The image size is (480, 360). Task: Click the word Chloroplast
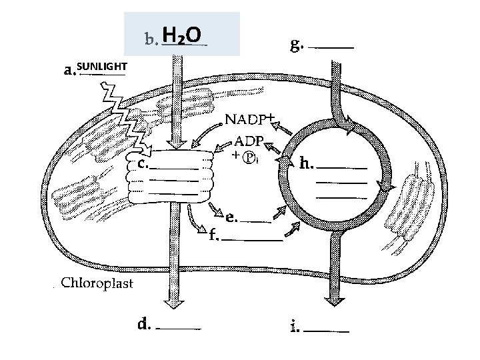click(x=97, y=283)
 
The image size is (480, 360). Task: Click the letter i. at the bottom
click(x=295, y=327)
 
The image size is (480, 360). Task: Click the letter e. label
click(x=231, y=216)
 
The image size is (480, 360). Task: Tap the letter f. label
click(x=213, y=235)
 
